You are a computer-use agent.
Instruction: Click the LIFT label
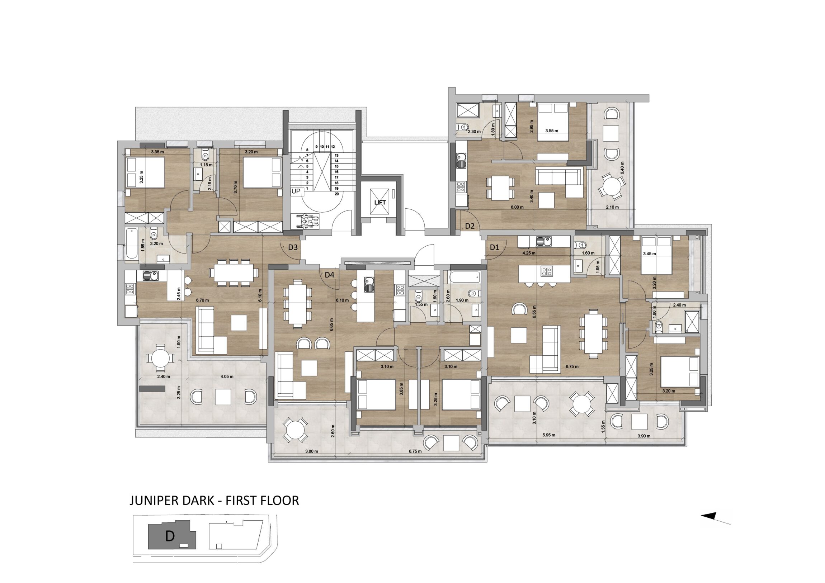pos(380,203)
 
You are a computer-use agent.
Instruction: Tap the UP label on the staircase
pos(296,191)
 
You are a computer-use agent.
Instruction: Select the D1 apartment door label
pos(495,247)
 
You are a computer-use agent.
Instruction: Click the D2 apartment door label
pos(470,226)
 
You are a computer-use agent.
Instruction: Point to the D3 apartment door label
pos(293,247)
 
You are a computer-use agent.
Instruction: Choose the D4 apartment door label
pos(330,275)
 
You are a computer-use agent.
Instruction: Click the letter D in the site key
pos(170,536)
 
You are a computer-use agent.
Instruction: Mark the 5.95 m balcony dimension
pos(549,435)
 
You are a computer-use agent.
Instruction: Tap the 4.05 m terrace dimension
pos(227,377)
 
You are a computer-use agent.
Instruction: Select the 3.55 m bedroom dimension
pos(552,131)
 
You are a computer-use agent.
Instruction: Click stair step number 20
pos(336,194)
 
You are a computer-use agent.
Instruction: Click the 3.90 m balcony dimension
pos(643,436)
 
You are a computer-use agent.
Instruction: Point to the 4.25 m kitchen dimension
pos(529,253)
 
